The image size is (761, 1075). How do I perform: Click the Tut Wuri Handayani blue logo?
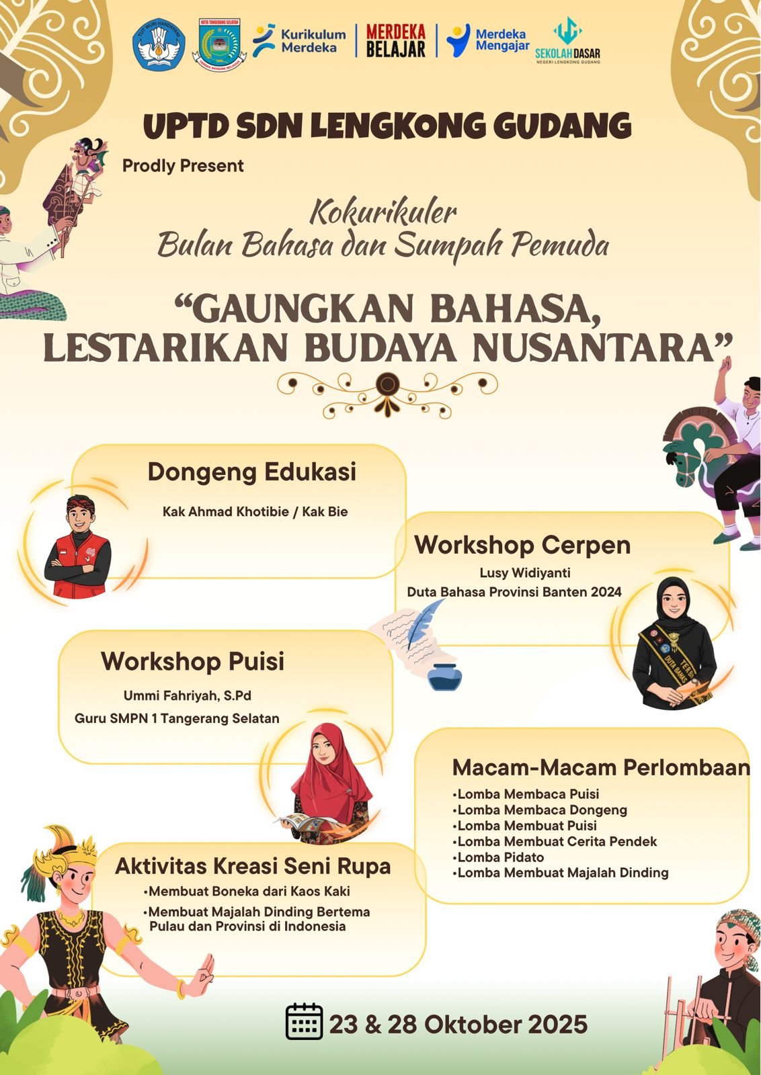(159, 45)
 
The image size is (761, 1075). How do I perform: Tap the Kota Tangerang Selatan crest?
(219, 44)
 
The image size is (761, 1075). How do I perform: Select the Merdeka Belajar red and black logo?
(395, 41)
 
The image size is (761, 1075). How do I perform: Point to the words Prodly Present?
(183, 166)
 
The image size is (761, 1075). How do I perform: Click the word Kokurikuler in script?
(383, 213)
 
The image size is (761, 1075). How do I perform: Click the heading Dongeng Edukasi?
(251, 472)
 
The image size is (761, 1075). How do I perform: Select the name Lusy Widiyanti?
(525, 572)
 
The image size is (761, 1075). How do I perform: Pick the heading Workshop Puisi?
(192, 661)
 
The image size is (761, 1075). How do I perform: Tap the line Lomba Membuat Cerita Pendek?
(555, 841)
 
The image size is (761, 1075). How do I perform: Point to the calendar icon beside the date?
(304, 1022)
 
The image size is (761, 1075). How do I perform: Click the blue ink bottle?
(444, 676)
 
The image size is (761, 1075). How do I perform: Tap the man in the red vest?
(77, 547)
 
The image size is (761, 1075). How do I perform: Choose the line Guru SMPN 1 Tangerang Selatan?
(177, 718)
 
